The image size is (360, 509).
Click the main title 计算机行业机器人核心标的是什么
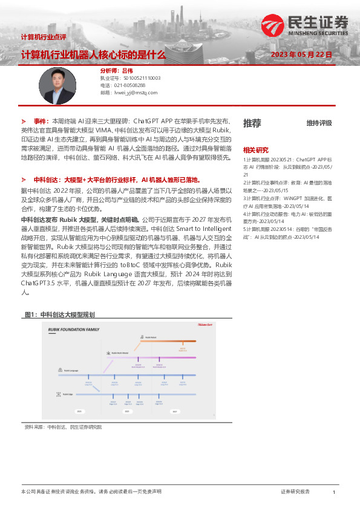click(x=93, y=54)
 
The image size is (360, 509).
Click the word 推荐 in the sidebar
click(x=252, y=123)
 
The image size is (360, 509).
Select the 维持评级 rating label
click(x=319, y=123)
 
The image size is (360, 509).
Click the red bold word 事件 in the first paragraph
click(x=41, y=121)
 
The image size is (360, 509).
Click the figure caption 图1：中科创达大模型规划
click(x=59, y=314)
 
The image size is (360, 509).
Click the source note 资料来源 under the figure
click(x=62, y=427)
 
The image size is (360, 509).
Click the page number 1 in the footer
click(x=334, y=493)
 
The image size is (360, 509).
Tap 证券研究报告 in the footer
click(x=295, y=492)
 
